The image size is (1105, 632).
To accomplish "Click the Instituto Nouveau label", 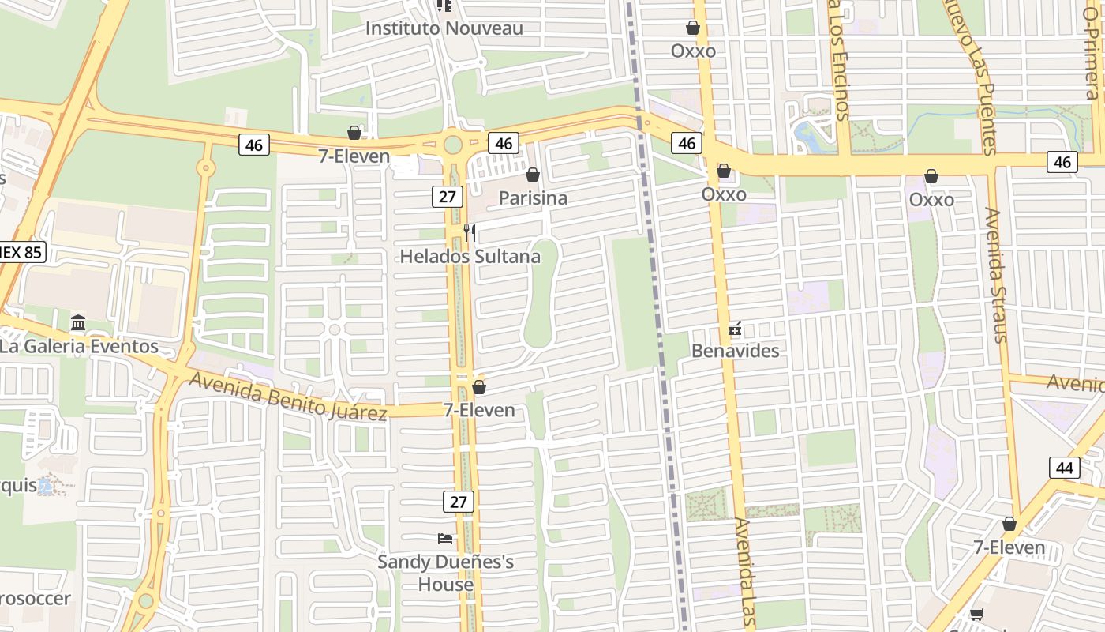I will [x=444, y=28].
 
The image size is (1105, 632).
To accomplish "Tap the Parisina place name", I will [x=533, y=197].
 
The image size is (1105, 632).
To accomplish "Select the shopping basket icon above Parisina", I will [x=533, y=175].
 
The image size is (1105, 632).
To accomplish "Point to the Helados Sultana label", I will [x=470, y=257].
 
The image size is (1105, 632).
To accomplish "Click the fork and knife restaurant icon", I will [x=470, y=232].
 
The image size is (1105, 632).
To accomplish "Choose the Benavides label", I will [x=736, y=351].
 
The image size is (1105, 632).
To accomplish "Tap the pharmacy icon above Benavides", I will [x=735, y=328].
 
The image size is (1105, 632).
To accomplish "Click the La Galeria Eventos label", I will [x=79, y=347].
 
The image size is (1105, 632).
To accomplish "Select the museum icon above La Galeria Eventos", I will [x=78, y=323].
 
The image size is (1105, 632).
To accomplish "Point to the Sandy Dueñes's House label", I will [x=446, y=574].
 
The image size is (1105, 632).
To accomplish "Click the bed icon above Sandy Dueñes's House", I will [x=445, y=539].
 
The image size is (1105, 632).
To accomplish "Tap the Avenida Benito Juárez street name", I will [x=288, y=397].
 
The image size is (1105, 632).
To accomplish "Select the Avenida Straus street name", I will [x=997, y=275].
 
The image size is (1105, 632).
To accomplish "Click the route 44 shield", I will [x=1065, y=468].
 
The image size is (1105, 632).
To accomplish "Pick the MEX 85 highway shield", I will [x=22, y=253].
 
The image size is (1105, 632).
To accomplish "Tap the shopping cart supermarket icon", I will [x=977, y=615].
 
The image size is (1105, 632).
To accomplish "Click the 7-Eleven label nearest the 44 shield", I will [x=1009, y=547].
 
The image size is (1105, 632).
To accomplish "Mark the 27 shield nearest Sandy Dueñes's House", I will [x=458, y=501].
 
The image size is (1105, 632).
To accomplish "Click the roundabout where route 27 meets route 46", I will [x=452, y=145].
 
